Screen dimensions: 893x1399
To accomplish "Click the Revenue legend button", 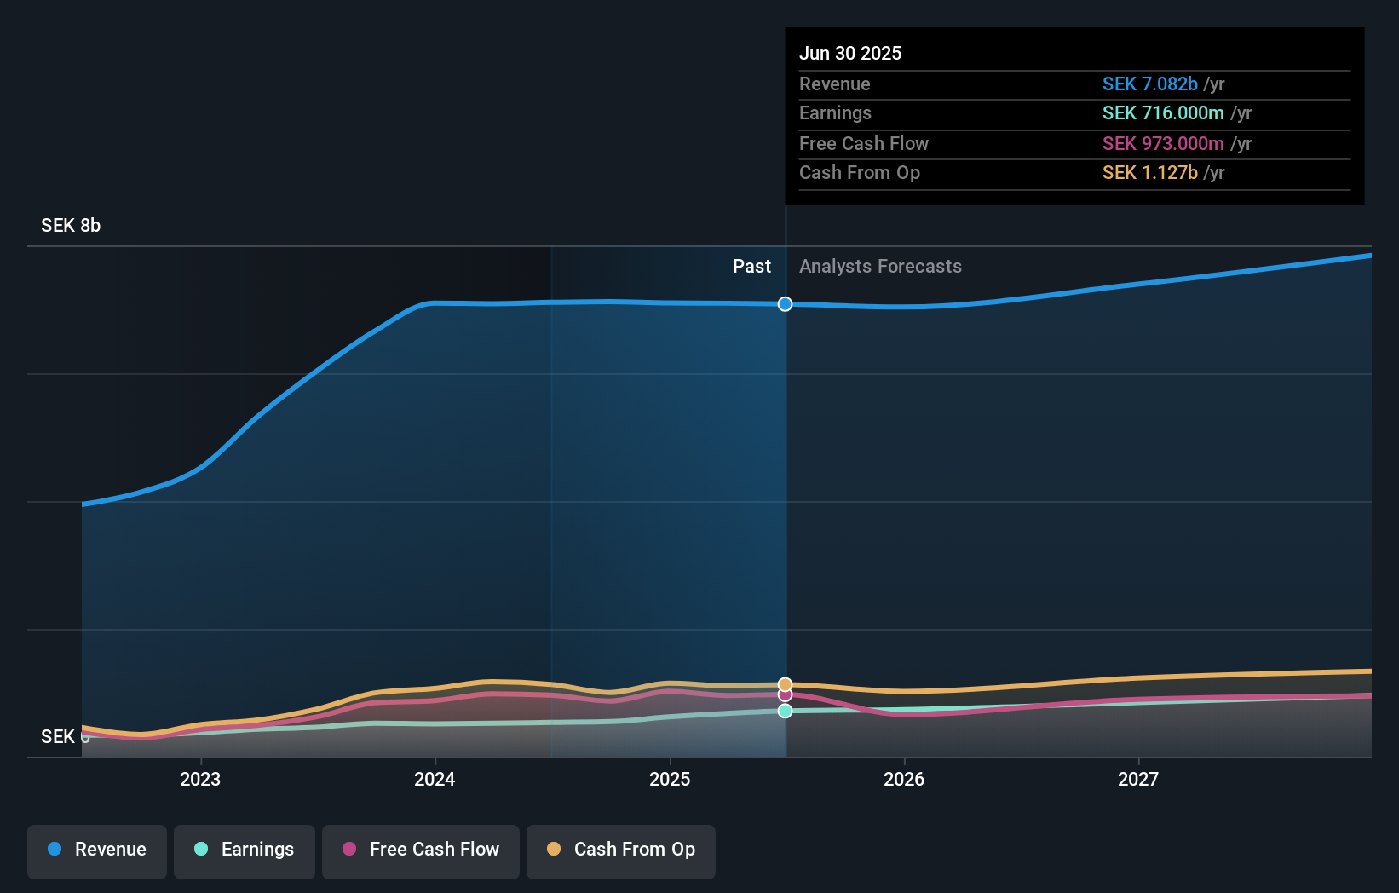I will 97,850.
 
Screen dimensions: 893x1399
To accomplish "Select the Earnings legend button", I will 245,850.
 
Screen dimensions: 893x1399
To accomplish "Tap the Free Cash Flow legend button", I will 421,850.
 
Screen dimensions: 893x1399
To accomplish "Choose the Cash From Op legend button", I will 621,850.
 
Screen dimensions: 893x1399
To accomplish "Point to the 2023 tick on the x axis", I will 200,779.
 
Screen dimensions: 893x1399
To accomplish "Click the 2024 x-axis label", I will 435,779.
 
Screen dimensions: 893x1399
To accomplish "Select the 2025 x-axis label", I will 670,779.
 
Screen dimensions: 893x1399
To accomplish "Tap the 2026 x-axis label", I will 904,779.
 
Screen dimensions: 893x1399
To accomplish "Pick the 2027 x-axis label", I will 1138,779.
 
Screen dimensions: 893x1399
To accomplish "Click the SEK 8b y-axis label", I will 71,226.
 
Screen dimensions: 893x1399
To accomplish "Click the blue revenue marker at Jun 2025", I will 785,304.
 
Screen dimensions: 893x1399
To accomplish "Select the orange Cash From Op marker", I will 785,684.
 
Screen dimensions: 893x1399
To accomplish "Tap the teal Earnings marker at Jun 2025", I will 785,711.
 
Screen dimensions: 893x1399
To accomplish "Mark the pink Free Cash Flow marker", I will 785,695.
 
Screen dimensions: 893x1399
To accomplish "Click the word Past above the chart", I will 751,267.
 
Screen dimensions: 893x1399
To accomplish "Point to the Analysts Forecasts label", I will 880,267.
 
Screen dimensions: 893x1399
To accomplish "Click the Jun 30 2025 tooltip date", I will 850,54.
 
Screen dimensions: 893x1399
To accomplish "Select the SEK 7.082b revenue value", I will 1149,84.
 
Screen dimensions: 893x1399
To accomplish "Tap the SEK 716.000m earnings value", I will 1163,113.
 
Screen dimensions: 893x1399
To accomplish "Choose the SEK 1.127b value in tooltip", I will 1149,173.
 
